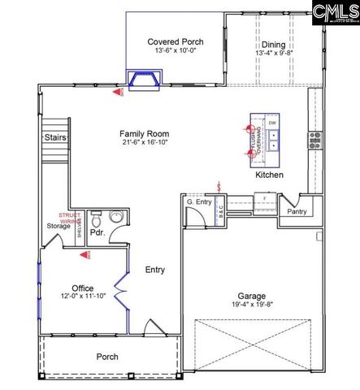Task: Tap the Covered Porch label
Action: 175,42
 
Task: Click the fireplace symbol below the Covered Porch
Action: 145,80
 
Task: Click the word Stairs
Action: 55,137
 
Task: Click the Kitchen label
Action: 269,175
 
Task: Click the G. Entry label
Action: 199,201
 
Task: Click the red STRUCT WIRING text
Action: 81,217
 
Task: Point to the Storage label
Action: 57,227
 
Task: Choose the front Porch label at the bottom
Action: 107,356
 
